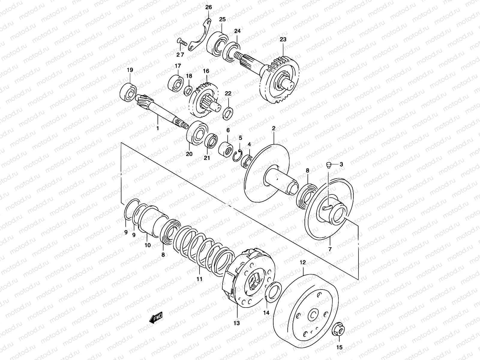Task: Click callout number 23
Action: [283, 39]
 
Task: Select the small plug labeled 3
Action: [328, 165]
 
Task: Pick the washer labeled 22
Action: [228, 113]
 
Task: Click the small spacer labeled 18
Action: [188, 89]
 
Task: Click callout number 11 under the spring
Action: [199, 279]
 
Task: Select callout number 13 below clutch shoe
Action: [237, 323]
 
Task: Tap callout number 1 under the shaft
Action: [157, 128]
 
